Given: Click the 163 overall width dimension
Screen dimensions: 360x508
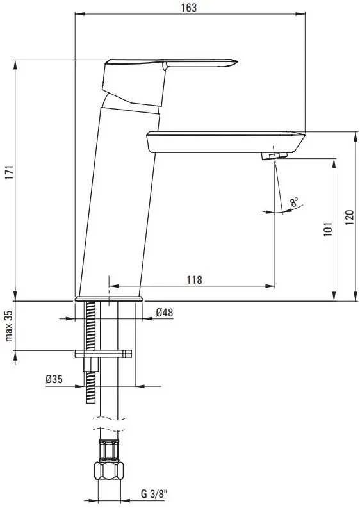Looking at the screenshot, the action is pyautogui.click(x=189, y=8).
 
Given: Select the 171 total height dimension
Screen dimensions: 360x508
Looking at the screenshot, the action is pyautogui.click(x=10, y=172).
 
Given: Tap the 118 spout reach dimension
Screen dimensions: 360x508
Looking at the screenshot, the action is pyautogui.click(x=194, y=279).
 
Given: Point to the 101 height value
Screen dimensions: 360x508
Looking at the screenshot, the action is pyautogui.click(x=328, y=229).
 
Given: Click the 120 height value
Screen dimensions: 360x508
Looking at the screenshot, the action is pyautogui.click(x=349, y=218).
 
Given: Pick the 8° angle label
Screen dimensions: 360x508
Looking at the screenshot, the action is pyautogui.click(x=294, y=202).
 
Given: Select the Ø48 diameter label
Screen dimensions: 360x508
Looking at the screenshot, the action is pyautogui.click(x=165, y=313).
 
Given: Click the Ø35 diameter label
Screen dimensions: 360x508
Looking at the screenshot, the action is pyautogui.click(x=54, y=379).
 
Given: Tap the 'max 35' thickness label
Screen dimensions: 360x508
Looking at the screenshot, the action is pyautogui.click(x=9, y=326).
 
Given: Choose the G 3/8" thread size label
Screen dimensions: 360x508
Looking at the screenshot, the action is pyautogui.click(x=154, y=494).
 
